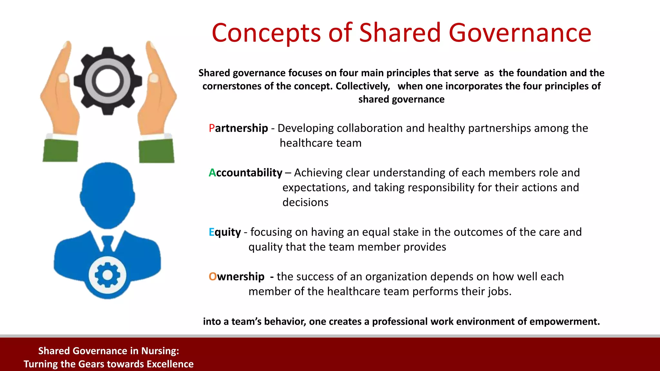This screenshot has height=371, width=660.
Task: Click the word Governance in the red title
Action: point(520,33)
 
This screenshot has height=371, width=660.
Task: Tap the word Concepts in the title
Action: point(266,33)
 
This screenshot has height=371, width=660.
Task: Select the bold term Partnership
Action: point(238,128)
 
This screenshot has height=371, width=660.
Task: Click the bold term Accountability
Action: point(245,173)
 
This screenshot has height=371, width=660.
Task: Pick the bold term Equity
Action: point(225,232)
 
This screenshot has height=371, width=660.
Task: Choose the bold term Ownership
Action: point(237,277)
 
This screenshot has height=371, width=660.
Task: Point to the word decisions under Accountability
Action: point(305,202)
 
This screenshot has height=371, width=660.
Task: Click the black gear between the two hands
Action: point(108,81)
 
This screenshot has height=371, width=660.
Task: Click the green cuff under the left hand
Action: point(61,150)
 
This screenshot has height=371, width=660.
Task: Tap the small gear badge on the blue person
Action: point(107,275)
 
